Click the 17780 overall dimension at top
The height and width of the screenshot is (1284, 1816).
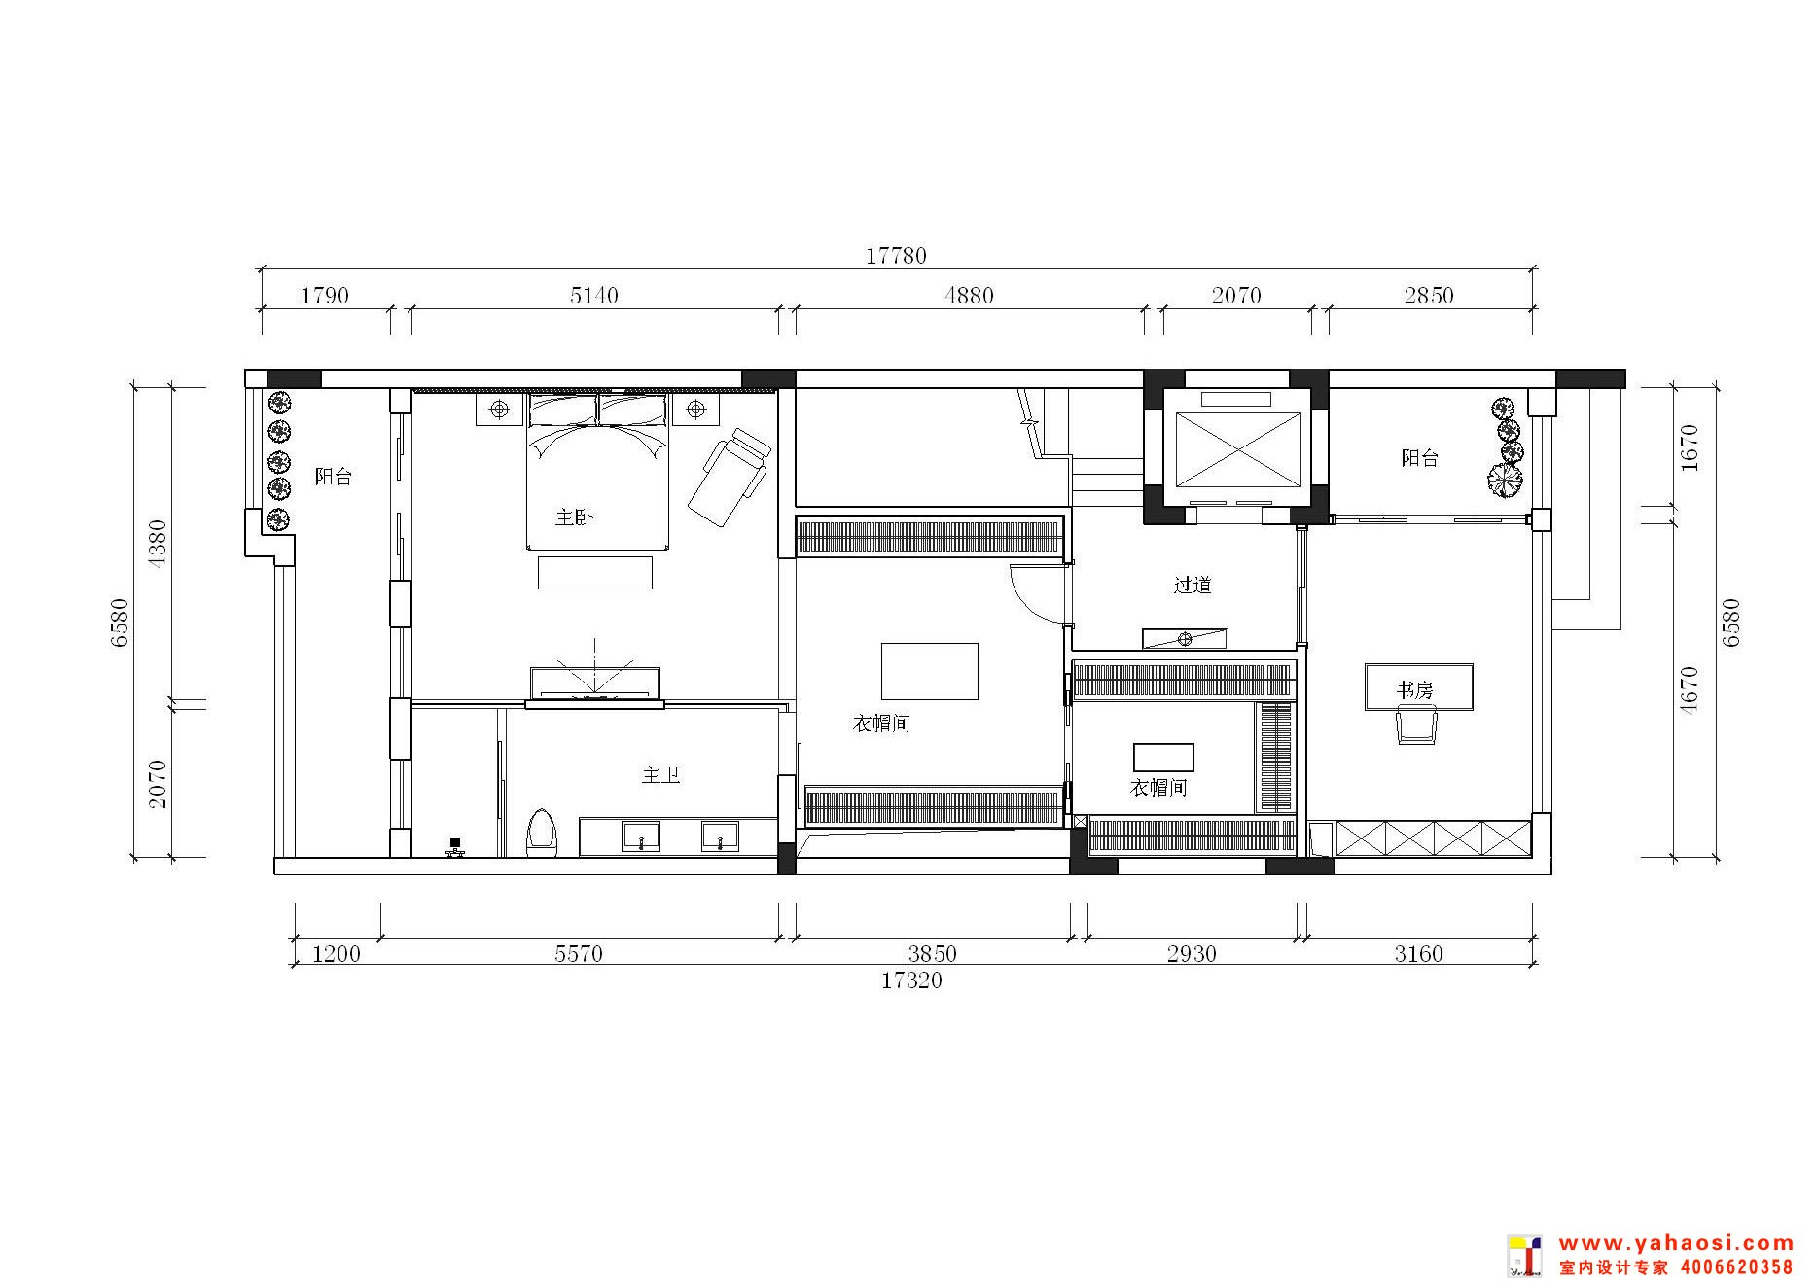[x=896, y=256]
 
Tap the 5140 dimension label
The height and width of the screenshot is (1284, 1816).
[x=593, y=295]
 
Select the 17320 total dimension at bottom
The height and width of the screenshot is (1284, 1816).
[x=911, y=981]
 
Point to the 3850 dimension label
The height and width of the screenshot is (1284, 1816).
[x=933, y=954]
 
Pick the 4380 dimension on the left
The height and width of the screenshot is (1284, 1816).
[x=157, y=544]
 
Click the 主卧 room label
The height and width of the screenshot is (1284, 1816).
[x=574, y=517]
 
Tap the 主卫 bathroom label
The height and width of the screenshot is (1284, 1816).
[x=660, y=775]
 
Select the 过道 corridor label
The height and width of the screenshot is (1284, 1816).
[x=1193, y=585]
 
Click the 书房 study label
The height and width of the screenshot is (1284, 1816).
[x=1415, y=691]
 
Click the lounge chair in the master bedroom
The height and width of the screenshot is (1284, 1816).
[x=730, y=477]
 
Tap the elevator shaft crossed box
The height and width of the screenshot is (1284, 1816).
[x=1238, y=448]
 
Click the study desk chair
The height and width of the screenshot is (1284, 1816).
[x=1416, y=726]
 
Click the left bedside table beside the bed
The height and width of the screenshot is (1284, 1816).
[x=499, y=410]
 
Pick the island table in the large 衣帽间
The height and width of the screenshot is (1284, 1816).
[x=929, y=671]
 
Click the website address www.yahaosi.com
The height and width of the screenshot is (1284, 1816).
[x=1676, y=1243]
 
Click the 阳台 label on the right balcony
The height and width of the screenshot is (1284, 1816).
[x=1419, y=458]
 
